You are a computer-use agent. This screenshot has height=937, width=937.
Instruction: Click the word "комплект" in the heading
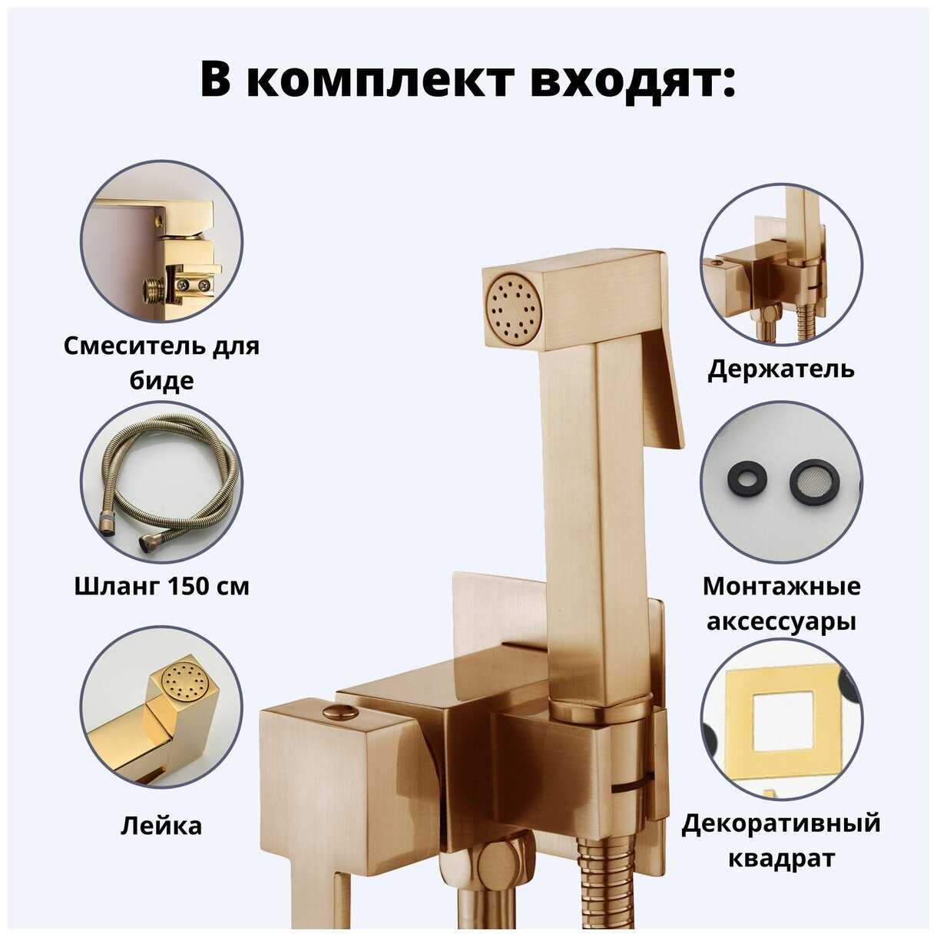381,80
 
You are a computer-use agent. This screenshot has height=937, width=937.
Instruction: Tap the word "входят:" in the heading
632,80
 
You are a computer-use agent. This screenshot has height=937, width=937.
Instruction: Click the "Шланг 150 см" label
161,587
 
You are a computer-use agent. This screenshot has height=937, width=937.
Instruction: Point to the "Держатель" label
781,369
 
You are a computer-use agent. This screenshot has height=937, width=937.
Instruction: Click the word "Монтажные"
781,587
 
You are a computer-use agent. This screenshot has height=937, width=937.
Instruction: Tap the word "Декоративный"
781,823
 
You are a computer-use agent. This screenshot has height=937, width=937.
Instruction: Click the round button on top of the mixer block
341,714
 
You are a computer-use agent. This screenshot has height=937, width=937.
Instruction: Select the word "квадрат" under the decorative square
781,858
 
